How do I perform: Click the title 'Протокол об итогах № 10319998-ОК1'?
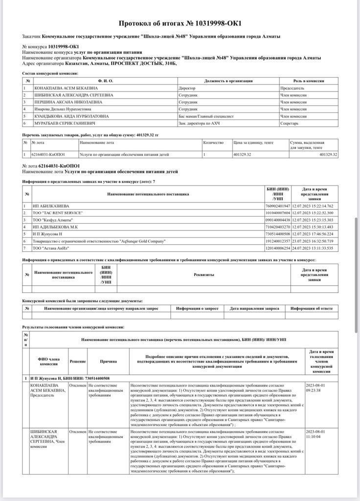tap(180, 23)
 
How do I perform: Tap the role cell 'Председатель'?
tap(292, 88)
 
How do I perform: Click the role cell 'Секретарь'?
tap(289, 123)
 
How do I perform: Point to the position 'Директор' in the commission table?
tap(187, 88)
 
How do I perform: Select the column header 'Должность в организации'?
tap(228, 81)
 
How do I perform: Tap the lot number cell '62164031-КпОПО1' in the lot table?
tap(48, 155)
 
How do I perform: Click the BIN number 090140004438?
tap(277, 220)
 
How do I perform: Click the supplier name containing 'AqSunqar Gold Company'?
tap(99, 241)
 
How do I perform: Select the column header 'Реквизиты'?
tap(203, 275)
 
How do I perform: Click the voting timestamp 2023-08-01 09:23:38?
tap(316, 388)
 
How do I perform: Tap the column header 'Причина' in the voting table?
tap(108, 362)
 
